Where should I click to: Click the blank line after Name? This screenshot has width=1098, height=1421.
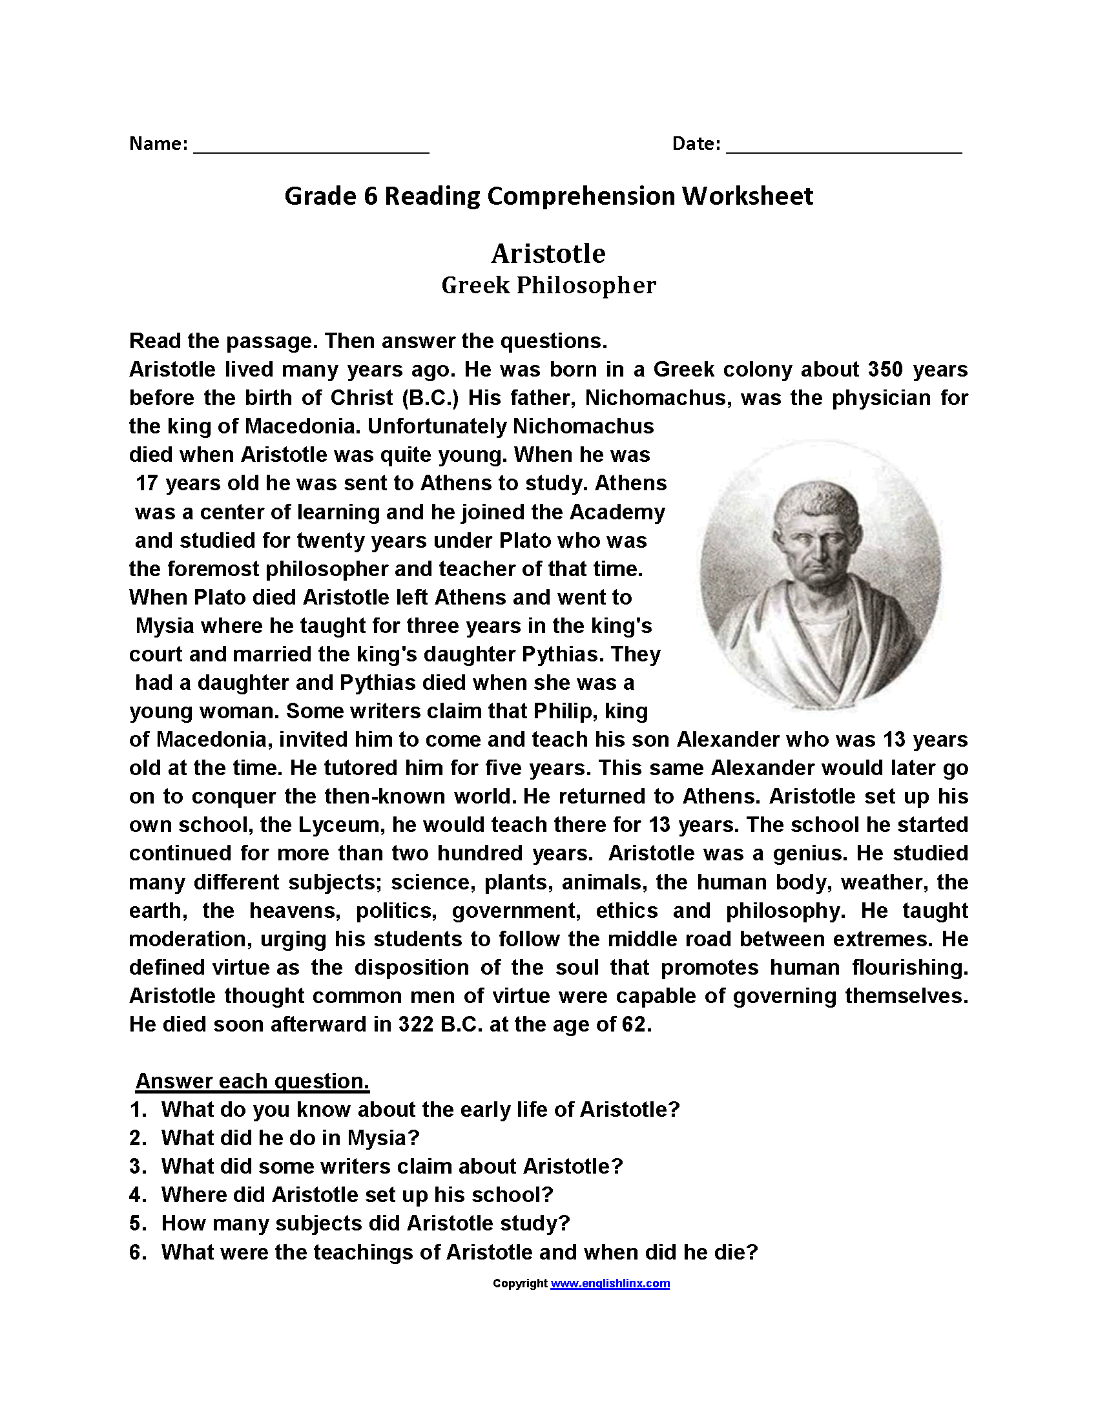point(311,150)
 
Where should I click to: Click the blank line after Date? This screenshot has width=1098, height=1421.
point(844,150)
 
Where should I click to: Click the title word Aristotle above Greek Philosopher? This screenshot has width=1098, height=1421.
point(548,254)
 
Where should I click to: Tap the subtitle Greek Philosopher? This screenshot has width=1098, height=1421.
point(548,285)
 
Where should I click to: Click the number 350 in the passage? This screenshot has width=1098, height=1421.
point(886,369)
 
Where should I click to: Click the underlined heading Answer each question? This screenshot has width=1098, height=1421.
point(253,1081)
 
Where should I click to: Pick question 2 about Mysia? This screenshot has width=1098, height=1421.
point(290,1138)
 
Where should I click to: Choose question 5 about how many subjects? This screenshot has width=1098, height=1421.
point(365,1223)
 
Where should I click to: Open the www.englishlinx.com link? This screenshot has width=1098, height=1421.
point(610,1283)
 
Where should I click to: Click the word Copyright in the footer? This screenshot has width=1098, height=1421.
point(520,1283)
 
